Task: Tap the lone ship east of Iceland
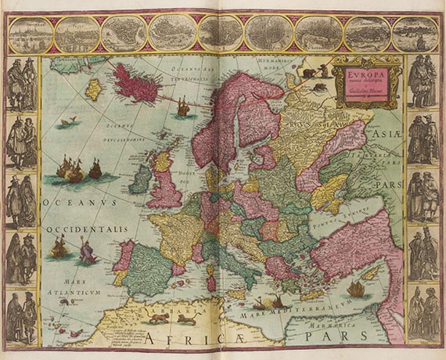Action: pos(183,106)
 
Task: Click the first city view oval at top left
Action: pos(31,34)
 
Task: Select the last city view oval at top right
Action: pos(415,34)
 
